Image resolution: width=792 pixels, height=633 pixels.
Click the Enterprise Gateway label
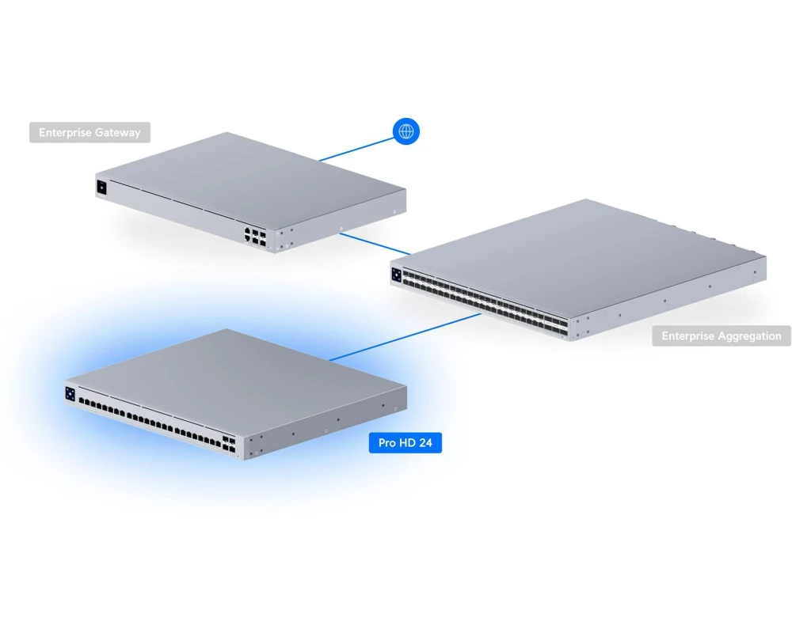pyautogui.click(x=90, y=132)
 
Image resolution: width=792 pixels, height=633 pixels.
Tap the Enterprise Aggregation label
pyautogui.click(x=722, y=335)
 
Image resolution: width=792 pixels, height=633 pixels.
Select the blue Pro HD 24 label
pyautogui.click(x=405, y=442)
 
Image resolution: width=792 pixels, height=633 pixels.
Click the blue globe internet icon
pyautogui.click(x=406, y=131)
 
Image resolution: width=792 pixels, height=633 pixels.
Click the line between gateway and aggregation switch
pyautogui.click(x=375, y=244)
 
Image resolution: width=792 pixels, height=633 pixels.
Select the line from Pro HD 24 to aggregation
pyautogui.click(x=405, y=337)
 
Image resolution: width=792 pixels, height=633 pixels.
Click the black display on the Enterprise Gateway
pyautogui.click(x=101, y=188)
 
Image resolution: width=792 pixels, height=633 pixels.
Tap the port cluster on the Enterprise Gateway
pyautogui.click(x=255, y=237)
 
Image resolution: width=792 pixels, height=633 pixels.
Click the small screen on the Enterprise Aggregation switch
pyautogui.click(x=397, y=275)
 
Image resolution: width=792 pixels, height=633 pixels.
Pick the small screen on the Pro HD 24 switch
pyautogui.click(x=70, y=394)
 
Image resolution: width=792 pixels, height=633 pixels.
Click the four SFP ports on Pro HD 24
pyautogui.click(x=229, y=444)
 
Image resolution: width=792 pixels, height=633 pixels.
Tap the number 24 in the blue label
pyautogui.click(x=425, y=442)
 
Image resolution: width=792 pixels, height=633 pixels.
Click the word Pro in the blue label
pyautogui.click(x=387, y=442)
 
